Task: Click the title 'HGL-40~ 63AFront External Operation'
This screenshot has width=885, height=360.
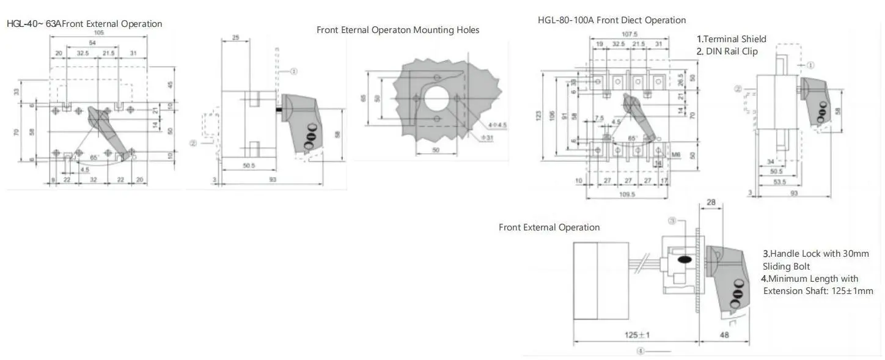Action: click(x=84, y=24)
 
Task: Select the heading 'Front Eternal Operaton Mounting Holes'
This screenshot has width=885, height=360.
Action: click(x=398, y=30)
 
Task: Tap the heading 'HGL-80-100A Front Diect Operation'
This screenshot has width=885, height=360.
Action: click(x=612, y=20)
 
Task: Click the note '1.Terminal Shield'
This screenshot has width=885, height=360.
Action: click(x=731, y=39)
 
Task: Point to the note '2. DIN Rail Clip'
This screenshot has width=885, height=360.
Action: click(x=727, y=51)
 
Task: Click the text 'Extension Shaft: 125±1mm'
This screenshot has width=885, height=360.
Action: click(x=818, y=291)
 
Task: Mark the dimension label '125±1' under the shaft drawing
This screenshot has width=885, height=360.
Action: click(x=636, y=335)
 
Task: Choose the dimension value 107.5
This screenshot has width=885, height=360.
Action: click(x=629, y=35)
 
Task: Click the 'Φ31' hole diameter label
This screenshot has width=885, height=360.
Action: click(x=487, y=138)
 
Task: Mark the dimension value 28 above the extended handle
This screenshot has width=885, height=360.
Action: click(x=711, y=202)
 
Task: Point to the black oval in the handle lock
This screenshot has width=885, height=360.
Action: click(x=685, y=260)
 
